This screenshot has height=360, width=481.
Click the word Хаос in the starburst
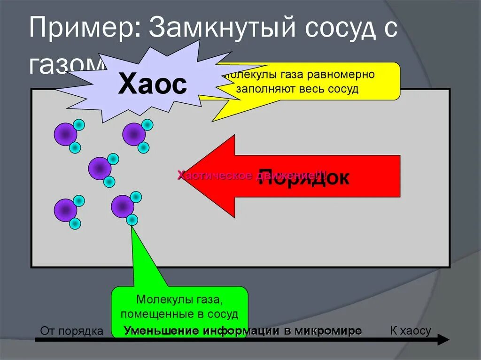point(152,85)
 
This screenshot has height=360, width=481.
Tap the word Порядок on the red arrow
point(304,177)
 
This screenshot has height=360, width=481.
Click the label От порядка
point(71,331)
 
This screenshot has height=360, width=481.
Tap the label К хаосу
point(410,330)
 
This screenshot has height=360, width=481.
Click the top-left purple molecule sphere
point(65,135)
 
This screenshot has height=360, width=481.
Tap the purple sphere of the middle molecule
point(100,168)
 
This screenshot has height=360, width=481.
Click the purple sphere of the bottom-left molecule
point(65,210)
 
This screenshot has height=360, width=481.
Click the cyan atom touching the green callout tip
point(132,219)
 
